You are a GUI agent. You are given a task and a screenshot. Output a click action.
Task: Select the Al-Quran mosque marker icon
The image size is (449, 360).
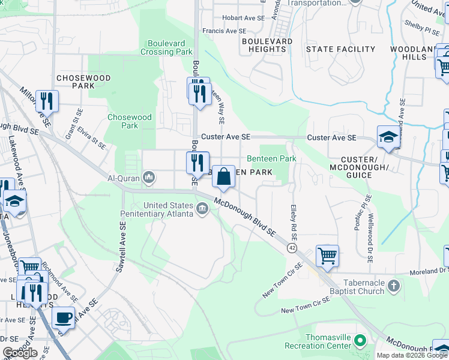[x=149, y=177]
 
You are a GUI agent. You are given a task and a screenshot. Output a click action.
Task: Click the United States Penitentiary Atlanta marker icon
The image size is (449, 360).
[x=202, y=208]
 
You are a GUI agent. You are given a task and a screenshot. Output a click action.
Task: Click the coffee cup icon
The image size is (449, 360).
[x=64, y=317]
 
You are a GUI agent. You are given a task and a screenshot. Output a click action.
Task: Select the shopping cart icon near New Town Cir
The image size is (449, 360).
[x=327, y=256]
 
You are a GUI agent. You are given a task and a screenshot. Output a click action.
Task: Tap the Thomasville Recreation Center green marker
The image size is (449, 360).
[x=360, y=341]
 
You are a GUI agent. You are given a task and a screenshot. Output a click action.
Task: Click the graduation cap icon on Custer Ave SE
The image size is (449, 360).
[x=388, y=137]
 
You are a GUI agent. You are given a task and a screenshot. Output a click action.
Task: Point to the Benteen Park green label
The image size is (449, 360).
[x=272, y=158]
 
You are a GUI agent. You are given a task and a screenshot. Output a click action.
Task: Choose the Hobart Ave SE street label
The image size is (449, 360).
[x=243, y=18]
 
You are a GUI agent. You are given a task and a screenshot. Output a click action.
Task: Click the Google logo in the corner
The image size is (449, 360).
[x=20, y=353]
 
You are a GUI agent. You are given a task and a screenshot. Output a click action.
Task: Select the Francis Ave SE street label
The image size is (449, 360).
[x=224, y=31]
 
